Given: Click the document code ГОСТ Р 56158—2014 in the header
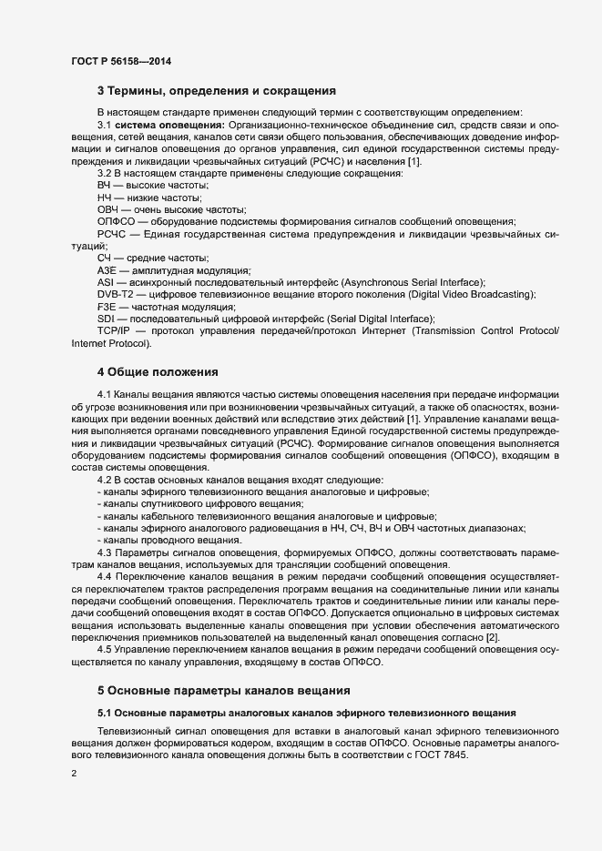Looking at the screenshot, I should point(120,61).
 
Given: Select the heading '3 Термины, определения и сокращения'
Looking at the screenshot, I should point(217,91).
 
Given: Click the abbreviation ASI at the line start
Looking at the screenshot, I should point(105,283).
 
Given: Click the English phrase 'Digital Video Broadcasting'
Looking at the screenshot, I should point(472,295).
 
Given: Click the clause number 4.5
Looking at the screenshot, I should point(104,650).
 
